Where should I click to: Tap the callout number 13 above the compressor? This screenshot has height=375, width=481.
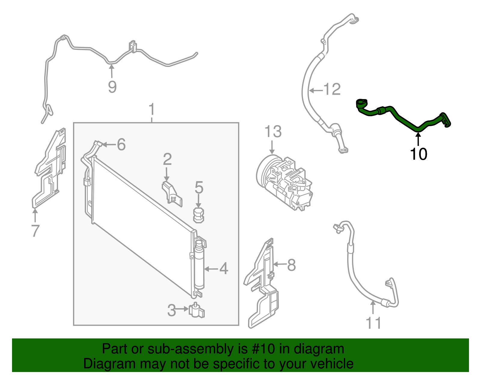(x=273, y=132)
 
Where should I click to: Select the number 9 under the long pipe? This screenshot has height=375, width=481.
(x=112, y=87)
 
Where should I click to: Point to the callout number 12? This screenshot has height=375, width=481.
(x=332, y=89)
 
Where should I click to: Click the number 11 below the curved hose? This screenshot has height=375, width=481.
(x=373, y=323)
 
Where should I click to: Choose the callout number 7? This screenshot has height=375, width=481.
(x=35, y=231)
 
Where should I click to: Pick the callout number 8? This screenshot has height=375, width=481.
(x=291, y=265)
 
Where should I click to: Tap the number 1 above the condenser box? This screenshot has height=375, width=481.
(x=152, y=109)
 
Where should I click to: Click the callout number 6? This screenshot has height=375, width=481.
(x=121, y=145)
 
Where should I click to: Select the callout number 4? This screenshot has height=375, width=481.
(x=224, y=269)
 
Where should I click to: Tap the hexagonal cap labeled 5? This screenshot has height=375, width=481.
(x=198, y=215)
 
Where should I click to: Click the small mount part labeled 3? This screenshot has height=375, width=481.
(x=196, y=310)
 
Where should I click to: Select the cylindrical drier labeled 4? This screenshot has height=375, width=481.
(x=199, y=265)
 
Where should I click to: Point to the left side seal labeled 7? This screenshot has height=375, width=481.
(x=49, y=168)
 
